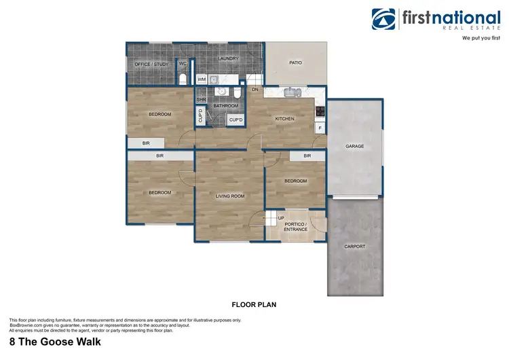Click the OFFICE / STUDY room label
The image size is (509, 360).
point(151,65)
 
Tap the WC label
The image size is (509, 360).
point(183,64)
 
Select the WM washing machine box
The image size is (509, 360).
point(202,79)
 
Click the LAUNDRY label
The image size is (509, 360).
point(228,58)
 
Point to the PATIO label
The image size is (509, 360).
point(295,62)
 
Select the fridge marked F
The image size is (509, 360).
point(320,127)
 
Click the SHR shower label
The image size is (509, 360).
point(201,100)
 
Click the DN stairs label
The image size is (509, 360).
point(255,90)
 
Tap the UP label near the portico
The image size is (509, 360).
point(280,218)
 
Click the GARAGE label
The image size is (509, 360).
point(354,146)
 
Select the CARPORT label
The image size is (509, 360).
point(354,247)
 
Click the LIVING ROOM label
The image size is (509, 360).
point(230,196)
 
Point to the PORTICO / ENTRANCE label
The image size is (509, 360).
point(296,227)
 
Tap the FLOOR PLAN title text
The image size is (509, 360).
point(254,306)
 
